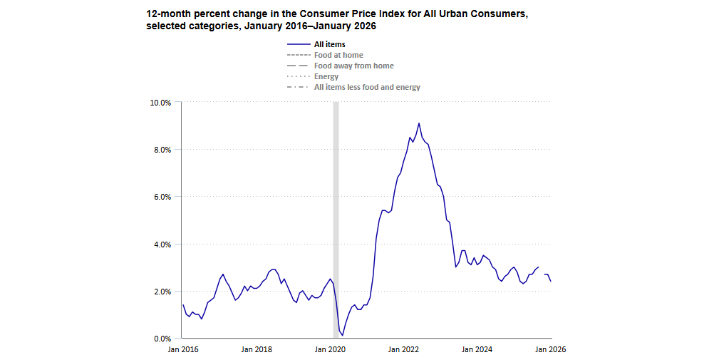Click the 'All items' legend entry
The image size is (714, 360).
[329, 45]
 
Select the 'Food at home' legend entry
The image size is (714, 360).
[338, 55]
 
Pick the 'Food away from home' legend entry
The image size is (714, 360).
[353, 66]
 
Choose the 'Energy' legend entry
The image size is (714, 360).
[326, 76]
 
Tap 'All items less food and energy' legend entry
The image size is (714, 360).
[367, 87]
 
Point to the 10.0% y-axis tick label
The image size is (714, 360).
[160, 103]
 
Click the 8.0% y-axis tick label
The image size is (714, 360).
[162, 150]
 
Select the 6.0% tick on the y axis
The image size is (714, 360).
[162, 197]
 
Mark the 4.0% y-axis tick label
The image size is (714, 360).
[162, 245]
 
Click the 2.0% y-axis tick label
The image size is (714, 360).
[162, 292]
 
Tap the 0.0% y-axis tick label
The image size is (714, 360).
[162, 339]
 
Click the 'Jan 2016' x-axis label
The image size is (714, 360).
[183, 349]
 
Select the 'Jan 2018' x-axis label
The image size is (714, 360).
[257, 349]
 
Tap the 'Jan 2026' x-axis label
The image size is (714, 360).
[551, 349]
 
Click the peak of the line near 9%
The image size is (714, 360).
[419, 123]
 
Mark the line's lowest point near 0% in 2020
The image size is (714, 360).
[343, 334]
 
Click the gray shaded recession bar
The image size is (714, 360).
[336, 214]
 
